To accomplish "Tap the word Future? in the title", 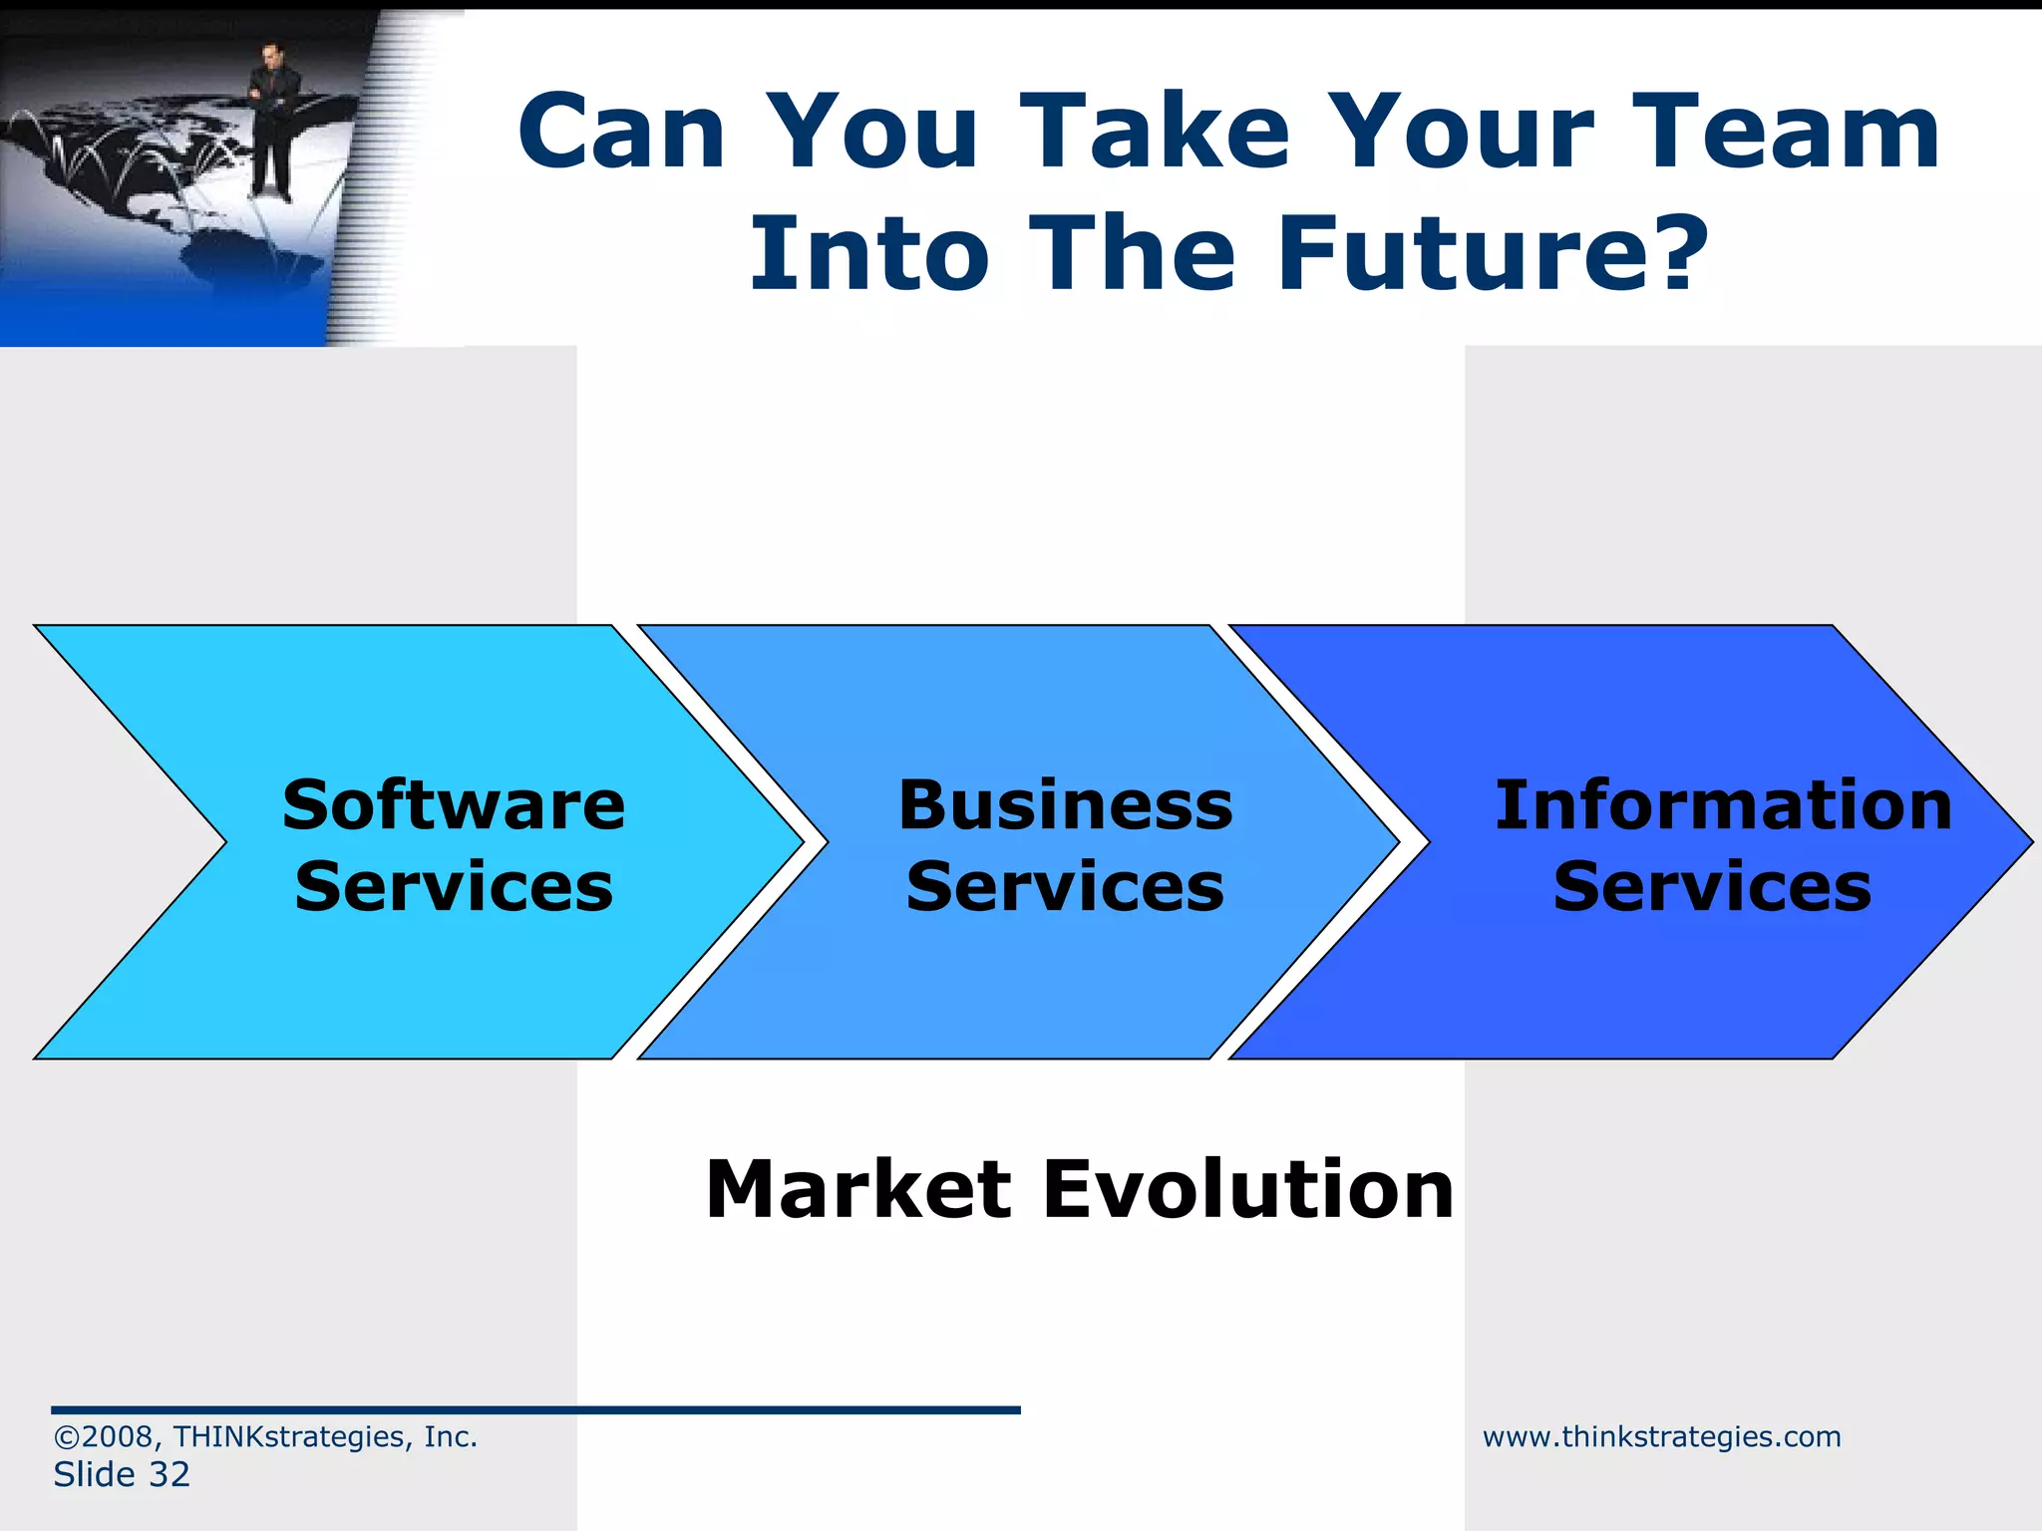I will coord(1493,254).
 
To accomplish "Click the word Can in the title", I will coord(622,132).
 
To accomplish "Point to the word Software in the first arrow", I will coord(454,805).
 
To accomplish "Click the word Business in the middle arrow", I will coord(1065,805).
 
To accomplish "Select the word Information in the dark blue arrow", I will coord(1723,805).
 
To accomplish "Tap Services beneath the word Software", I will coord(454,887).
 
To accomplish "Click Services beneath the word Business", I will coord(1065,887).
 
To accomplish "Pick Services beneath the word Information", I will coord(1712,887).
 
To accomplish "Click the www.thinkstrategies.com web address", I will coord(1661,1437).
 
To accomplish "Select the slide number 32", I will coord(169,1475).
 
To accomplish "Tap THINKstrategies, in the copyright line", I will coord(293,1437).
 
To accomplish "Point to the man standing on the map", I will coord(269,120).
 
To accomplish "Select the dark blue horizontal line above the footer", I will coord(535,1410).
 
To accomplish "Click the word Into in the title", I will coord(869,254).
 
